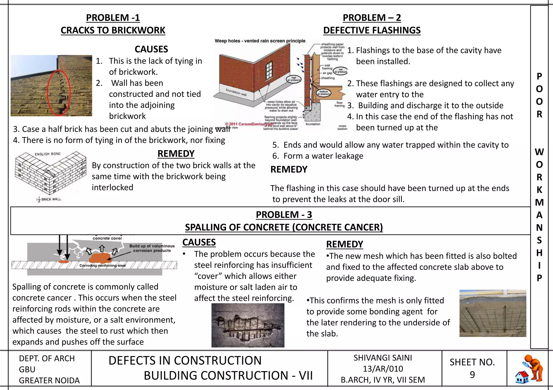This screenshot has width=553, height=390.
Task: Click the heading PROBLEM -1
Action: click(x=113, y=18)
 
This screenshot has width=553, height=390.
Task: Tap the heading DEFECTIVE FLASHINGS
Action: click(x=372, y=30)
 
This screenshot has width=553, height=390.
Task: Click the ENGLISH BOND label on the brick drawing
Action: click(x=48, y=154)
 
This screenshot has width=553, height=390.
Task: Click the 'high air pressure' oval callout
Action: click(x=294, y=79)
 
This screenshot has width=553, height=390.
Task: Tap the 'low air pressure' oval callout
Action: click(x=340, y=71)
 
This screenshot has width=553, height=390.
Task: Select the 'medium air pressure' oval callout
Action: click(x=324, y=93)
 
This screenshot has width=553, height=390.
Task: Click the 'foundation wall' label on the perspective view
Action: click(x=236, y=92)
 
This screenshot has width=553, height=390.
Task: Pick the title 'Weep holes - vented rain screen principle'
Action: click(x=260, y=41)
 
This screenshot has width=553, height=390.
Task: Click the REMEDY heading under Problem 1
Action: click(x=176, y=154)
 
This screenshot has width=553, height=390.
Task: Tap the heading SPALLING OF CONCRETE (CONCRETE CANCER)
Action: click(x=284, y=227)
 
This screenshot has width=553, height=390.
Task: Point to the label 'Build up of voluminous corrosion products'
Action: click(x=152, y=248)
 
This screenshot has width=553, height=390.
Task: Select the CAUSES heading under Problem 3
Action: click(x=199, y=242)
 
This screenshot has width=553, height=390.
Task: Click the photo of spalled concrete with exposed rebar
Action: click(x=248, y=325)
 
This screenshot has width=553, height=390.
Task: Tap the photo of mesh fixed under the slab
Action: click(x=493, y=313)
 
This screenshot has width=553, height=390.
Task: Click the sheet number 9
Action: click(x=472, y=375)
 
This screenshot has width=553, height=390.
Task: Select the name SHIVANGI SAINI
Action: click(x=383, y=358)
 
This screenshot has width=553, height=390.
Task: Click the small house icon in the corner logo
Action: click(x=522, y=377)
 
